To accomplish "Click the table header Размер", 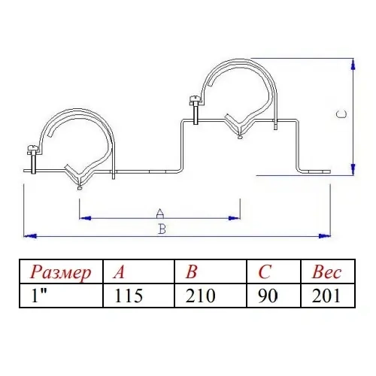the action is click(x=60, y=272).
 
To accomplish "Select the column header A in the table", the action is click(x=119, y=272).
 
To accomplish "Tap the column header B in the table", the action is click(x=192, y=272).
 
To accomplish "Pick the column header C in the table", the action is click(x=265, y=272).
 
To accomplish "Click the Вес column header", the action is click(x=326, y=272).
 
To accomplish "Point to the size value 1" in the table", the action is click(x=40, y=296).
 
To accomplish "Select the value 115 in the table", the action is click(x=129, y=296).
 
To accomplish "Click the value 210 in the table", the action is click(x=201, y=296).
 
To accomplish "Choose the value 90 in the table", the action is click(x=268, y=296).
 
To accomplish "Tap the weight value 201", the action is click(x=326, y=296).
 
